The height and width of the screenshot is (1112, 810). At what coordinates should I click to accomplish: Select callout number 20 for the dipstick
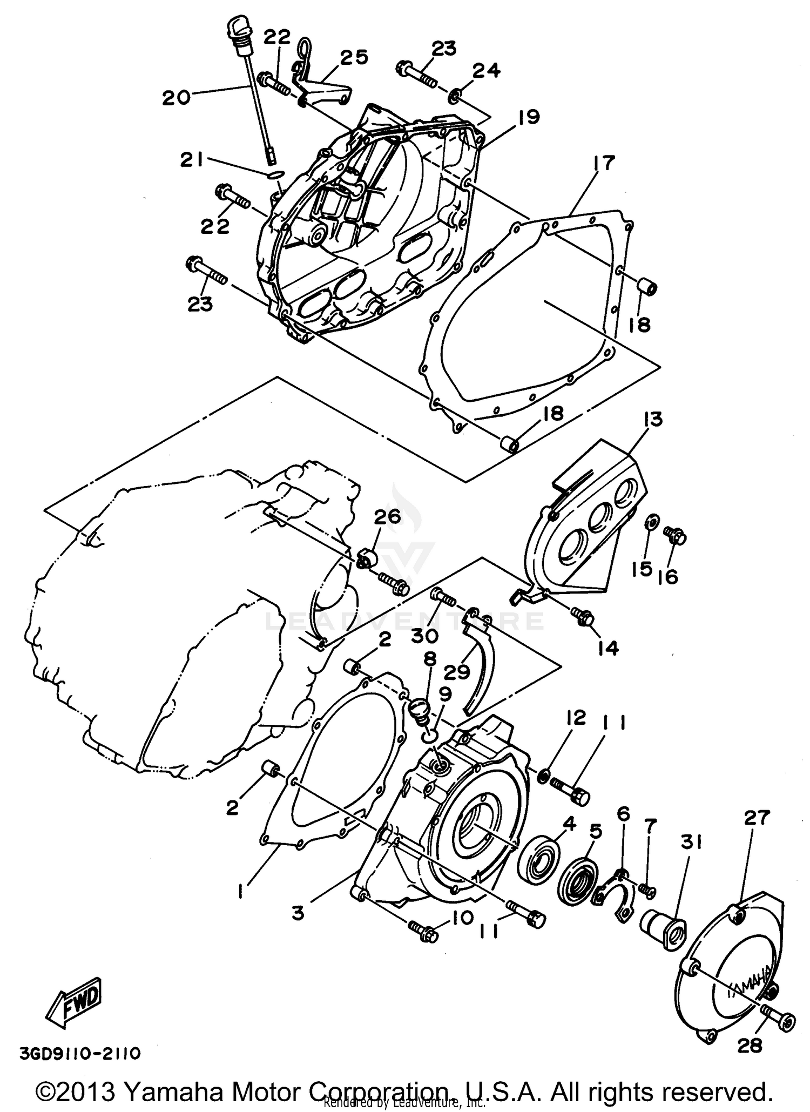pyautogui.click(x=177, y=98)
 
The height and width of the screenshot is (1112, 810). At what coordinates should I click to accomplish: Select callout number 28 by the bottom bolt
pyautogui.click(x=751, y=1046)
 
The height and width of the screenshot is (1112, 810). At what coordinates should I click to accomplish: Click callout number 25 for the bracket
pyautogui.click(x=354, y=57)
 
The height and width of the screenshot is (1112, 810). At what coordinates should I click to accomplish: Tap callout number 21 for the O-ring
pyautogui.click(x=193, y=160)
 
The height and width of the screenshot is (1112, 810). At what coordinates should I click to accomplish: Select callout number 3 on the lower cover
pyautogui.click(x=297, y=913)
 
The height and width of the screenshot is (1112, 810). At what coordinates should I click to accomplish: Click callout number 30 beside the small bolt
pyautogui.click(x=424, y=636)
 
